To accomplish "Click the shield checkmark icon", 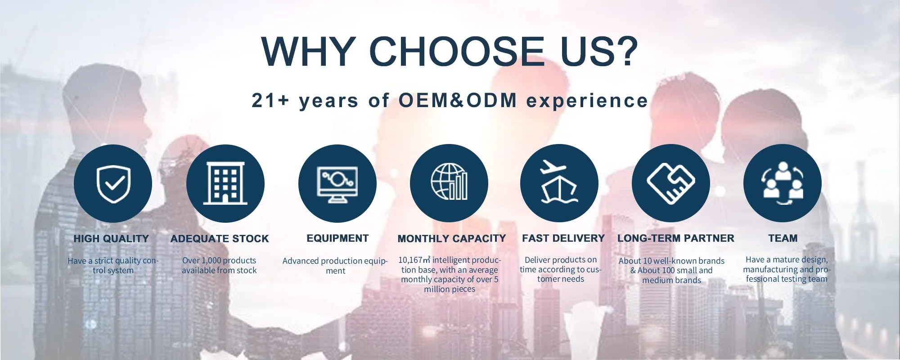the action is (x=113, y=184).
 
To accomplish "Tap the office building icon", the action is (x=225, y=183).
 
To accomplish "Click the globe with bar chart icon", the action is (x=449, y=182).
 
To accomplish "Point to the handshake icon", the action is (x=670, y=183).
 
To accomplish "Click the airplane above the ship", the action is (x=553, y=168).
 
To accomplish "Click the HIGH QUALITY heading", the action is (x=111, y=238).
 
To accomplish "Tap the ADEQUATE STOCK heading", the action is (x=220, y=238).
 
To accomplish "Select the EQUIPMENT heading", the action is (x=337, y=238).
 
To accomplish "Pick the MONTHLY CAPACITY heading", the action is (x=452, y=238).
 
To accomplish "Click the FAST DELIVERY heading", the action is (x=563, y=238).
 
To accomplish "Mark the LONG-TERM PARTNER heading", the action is (x=676, y=238).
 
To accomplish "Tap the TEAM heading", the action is (x=783, y=238).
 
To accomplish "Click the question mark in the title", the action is (x=625, y=51).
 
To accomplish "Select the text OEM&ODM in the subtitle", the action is (x=458, y=100).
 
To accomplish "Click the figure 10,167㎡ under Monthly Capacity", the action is (x=414, y=260).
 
